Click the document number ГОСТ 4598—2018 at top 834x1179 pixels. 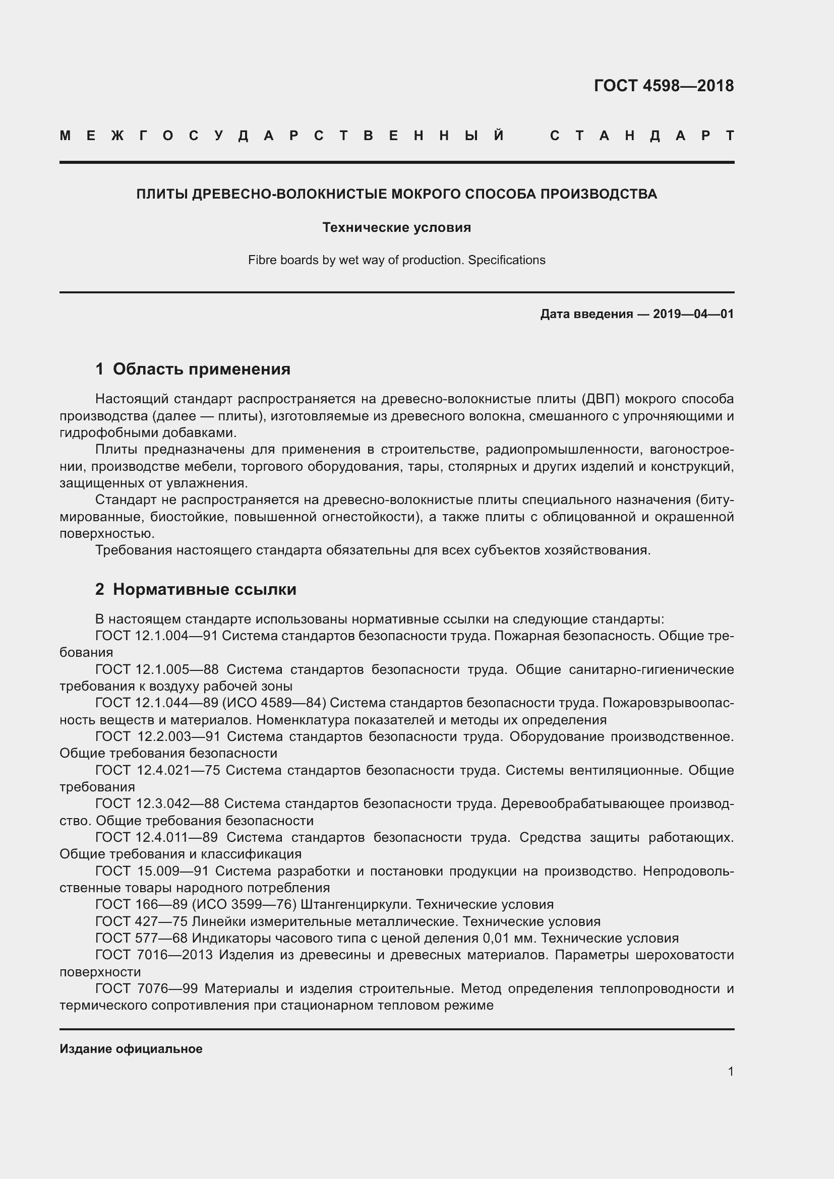tap(664, 86)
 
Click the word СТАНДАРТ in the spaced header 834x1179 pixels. tap(642, 136)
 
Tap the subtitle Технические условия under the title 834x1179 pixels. tap(396, 227)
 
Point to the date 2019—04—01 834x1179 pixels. tap(693, 314)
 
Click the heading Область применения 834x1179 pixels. tap(201, 369)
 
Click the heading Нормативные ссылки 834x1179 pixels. tap(204, 590)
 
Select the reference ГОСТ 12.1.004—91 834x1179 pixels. tap(157, 636)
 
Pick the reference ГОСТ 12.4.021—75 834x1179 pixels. tap(158, 770)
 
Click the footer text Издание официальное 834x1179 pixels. tap(131, 1048)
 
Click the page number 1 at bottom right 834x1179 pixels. tap(730, 1071)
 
